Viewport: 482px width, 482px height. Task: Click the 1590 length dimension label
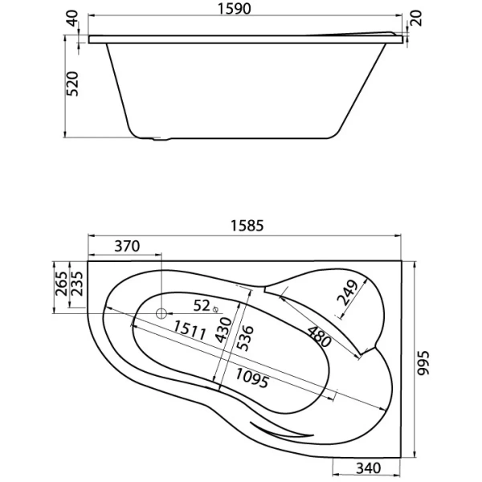click(235, 9)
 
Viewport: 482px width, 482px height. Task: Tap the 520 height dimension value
click(73, 84)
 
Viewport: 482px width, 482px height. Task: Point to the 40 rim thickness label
click(73, 18)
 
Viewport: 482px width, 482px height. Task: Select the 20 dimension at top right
click(416, 18)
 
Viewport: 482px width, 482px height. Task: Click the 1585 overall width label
click(247, 225)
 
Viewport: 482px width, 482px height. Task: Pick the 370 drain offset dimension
click(127, 246)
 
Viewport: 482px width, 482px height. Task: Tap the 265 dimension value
click(61, 284)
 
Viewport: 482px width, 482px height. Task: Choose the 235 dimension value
click(77, 284)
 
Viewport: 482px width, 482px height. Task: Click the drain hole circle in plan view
click(161, 313)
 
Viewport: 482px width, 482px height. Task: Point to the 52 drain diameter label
click(202, 305)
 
